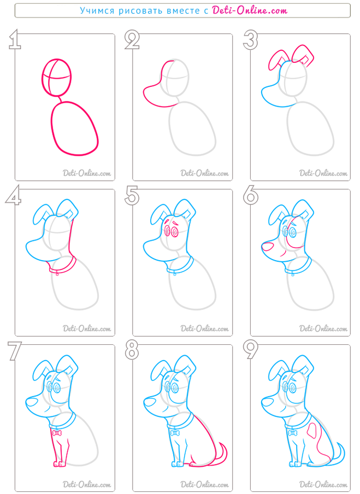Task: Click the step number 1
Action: [14, 40]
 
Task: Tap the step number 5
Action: [132, 196]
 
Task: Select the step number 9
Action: [251, 350]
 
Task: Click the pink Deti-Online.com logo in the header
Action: [250, 10]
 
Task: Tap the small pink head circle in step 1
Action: [57, 77]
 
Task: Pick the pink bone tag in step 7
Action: [57, 433]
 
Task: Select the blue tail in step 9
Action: [342, 454]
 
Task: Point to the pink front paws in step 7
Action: [59, 464]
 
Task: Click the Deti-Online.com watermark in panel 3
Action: [323, 173]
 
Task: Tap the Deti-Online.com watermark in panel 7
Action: [87, 484]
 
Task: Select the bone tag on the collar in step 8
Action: [174, 433]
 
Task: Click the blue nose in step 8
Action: [150, 402]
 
